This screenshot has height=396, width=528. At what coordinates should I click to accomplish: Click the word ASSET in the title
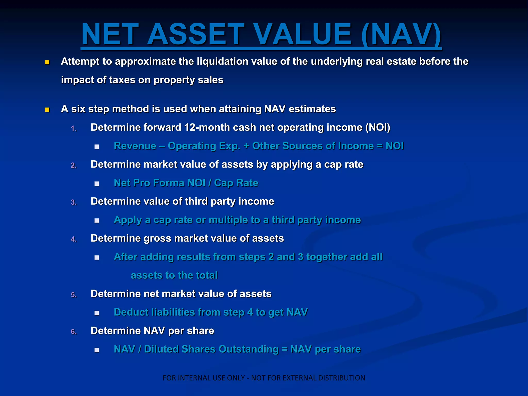195,34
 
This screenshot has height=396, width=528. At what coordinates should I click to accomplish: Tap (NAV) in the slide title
401,34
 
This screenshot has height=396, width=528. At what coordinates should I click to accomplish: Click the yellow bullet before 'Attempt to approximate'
47,62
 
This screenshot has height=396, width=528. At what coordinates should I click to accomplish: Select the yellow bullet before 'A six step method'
47,110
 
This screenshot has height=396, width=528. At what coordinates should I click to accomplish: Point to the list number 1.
74,128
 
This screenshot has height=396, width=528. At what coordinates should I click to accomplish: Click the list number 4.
74,239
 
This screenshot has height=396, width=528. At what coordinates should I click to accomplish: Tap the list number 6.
74,332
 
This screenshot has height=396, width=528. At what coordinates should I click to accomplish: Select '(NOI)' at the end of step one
378,127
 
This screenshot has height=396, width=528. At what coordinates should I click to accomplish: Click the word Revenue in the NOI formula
135,146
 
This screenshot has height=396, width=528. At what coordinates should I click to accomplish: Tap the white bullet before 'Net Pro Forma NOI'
97,184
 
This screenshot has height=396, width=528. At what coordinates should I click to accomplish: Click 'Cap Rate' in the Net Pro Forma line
236,183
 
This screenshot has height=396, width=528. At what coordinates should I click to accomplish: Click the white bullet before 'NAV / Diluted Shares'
97,350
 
